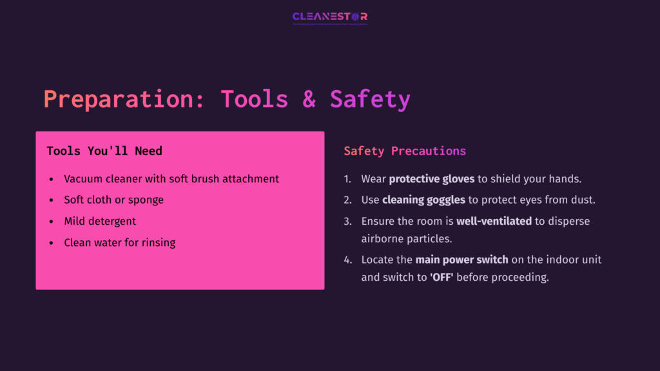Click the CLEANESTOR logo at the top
tap(329, 17)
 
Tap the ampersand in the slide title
tap(309, 99)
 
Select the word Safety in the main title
tap(370, 99)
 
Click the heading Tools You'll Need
tap(104, 151)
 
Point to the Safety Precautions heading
tap(405, 151)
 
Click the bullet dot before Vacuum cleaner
tap(52, 179)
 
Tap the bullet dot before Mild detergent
tap(52, 222)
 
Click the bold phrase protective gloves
tap(431, 179)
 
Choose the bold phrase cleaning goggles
tap(423, 200)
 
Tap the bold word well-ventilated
tap(494, 222)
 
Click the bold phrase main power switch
tap(461, 260)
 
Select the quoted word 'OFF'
tap(441, 278)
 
